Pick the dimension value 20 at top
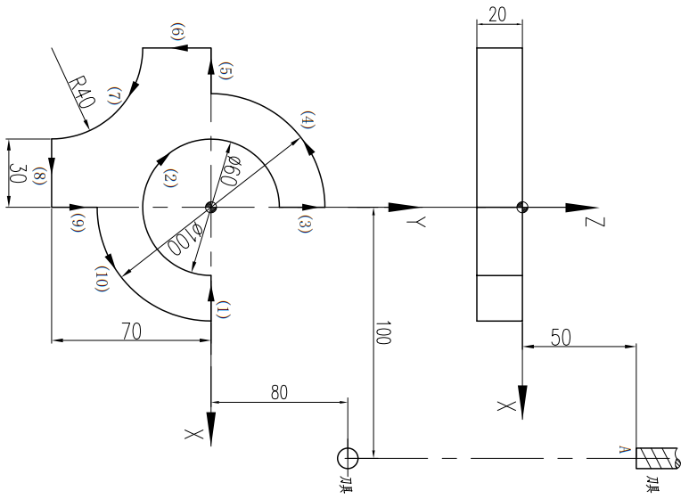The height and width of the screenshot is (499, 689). [499, 15]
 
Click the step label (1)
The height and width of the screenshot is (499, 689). [223, 309]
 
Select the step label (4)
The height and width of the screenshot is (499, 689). [308, 119]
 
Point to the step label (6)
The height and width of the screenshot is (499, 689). [177, 33]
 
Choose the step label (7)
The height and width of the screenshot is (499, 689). [113, 97]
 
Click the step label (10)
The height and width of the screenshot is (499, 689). [103, 278]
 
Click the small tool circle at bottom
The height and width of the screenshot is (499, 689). [348, 458]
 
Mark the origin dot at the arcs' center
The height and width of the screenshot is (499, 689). [210, 208]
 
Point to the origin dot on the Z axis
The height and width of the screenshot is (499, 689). [522, 208]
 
